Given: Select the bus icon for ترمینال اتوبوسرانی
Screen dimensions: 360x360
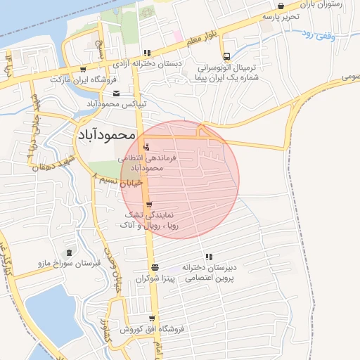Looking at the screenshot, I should click(226, 57).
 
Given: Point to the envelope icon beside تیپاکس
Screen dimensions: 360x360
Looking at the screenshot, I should click(116, 93).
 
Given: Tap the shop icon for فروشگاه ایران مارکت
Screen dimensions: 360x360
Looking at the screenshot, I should click(84, 70).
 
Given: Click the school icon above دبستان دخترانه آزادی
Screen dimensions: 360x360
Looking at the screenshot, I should click(146, 53).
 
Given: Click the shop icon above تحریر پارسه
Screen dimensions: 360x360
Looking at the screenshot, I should click(281, 6).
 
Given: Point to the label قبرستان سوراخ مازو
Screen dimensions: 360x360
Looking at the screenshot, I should click(70, 263).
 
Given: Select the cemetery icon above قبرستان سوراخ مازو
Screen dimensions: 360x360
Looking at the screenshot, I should click(69, 252).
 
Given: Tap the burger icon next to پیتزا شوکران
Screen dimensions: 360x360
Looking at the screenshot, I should click(155, 267).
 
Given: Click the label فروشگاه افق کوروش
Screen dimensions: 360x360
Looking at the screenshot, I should click(151, 329).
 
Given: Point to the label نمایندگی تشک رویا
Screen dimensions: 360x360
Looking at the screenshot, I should click(149, 220).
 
